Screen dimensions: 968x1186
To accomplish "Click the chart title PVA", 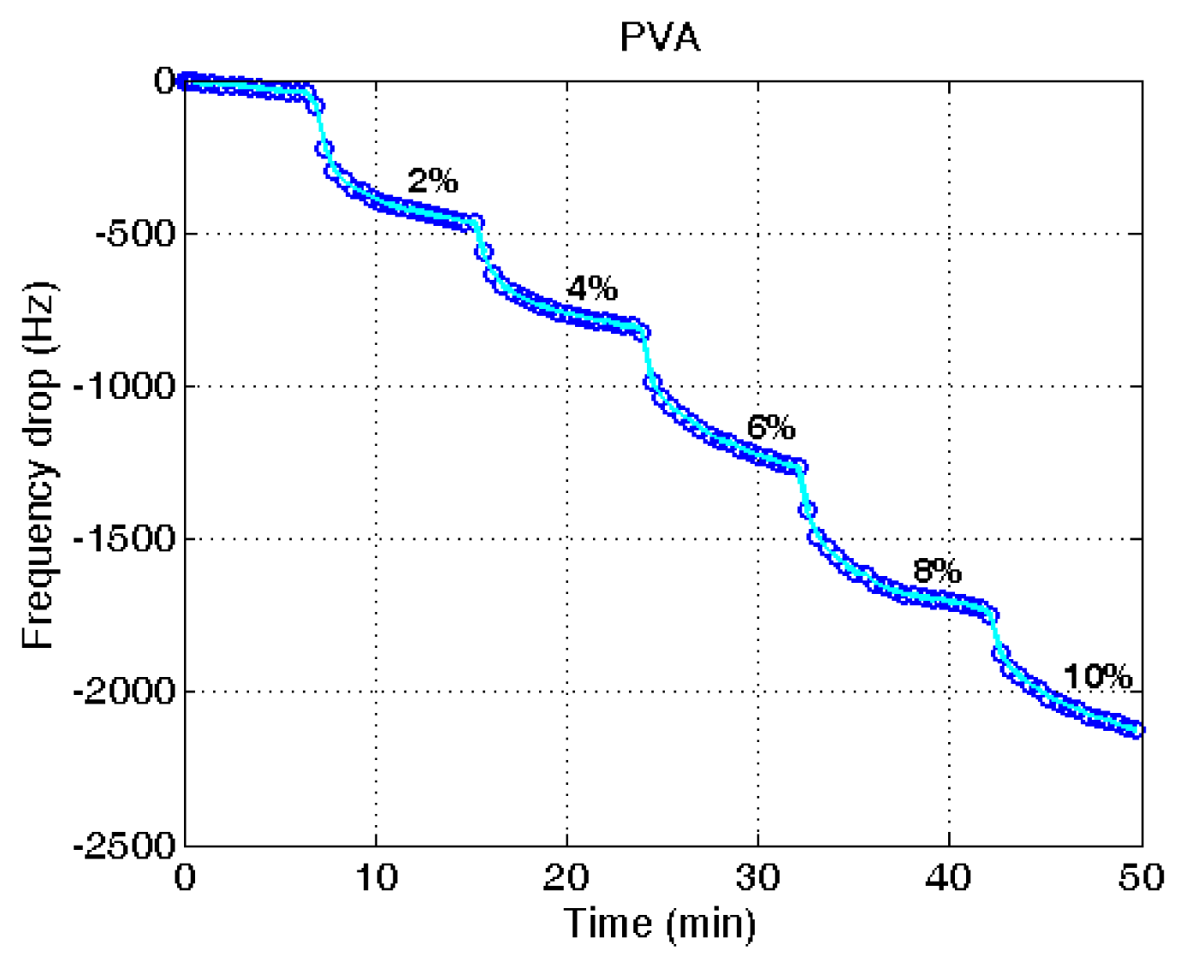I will point(660,38).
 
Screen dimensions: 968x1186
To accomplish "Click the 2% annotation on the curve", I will point(433,181).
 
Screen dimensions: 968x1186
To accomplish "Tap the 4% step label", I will point(592,288).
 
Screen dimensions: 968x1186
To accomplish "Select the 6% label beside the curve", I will point(771,426).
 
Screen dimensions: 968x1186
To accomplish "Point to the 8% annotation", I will point(937,570).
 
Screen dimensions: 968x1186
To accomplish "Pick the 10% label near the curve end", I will point(1098,677).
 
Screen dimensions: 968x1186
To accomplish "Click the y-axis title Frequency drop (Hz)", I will point(39,466).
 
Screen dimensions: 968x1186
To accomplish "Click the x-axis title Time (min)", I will point(660,923).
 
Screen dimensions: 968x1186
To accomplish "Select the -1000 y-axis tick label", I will point(120,386).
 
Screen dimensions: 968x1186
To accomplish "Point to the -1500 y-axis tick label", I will point(120,538).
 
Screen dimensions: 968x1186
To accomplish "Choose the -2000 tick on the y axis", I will point(120,691).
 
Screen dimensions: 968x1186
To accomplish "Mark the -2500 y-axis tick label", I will point(120,846).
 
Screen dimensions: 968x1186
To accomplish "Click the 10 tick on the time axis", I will point(377,877).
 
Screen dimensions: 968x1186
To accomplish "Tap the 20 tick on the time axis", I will point(567,877).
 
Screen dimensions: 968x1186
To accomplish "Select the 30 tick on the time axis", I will point(758,877).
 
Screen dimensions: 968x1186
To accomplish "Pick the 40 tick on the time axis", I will point(949,877).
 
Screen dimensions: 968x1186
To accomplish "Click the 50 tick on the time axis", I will point(1142,877).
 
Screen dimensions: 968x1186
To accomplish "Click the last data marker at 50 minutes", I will point(1137,730).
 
